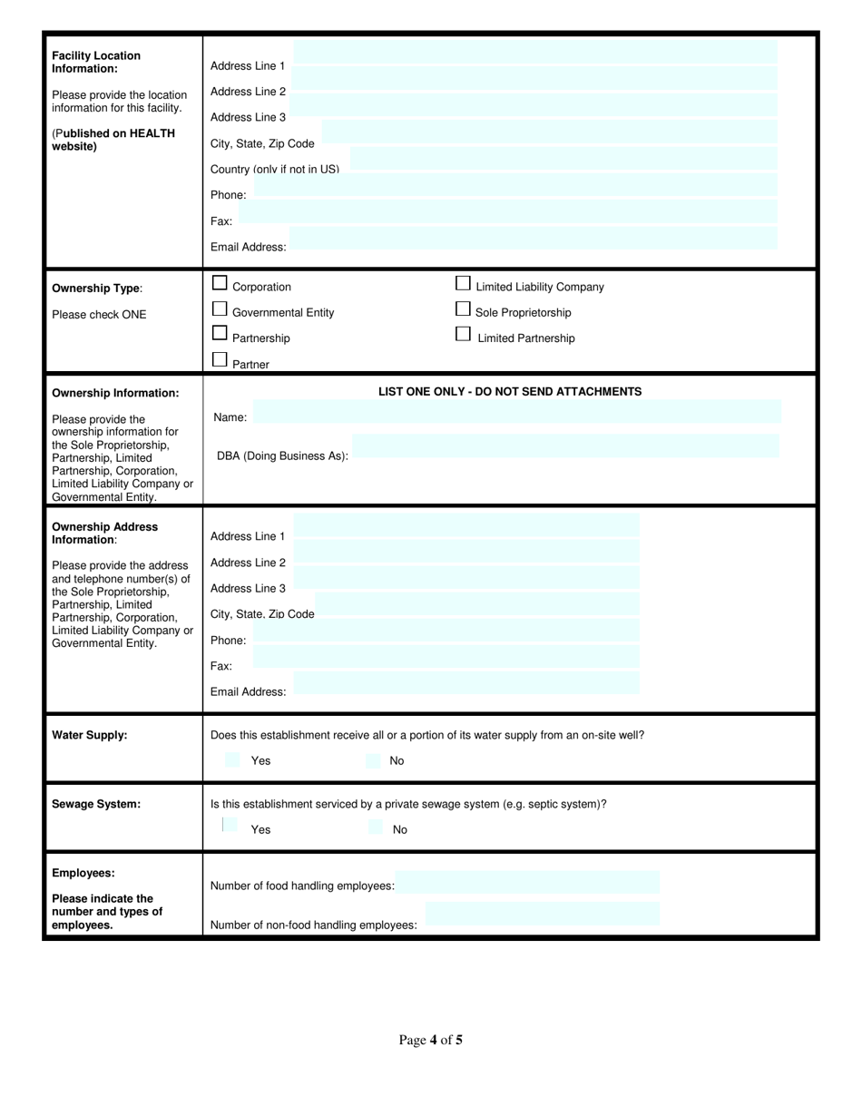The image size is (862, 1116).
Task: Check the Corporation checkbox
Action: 220,283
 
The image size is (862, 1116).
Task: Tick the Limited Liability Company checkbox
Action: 463,283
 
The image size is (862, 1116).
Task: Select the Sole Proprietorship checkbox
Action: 463,309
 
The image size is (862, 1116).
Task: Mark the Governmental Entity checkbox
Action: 220,308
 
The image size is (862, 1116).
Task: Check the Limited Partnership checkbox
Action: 463,334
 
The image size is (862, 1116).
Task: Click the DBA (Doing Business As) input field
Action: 564,445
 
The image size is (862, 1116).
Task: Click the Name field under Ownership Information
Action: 516,411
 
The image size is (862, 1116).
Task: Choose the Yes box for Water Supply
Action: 232,760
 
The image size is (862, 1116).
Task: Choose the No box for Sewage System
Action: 376,827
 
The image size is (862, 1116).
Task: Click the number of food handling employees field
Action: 527,882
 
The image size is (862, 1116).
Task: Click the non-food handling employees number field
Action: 542,914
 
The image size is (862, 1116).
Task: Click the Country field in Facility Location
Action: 563,158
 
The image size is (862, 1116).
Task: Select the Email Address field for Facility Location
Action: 533,238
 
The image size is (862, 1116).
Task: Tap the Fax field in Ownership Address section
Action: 446,657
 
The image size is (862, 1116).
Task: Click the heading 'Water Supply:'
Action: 90,735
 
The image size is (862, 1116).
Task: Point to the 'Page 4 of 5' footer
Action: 430,1040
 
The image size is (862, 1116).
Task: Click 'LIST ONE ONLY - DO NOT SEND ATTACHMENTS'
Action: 509,392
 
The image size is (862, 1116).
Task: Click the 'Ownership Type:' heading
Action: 97,289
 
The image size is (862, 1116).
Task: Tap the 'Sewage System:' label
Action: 96,804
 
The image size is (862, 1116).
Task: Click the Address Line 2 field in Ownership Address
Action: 466,551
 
